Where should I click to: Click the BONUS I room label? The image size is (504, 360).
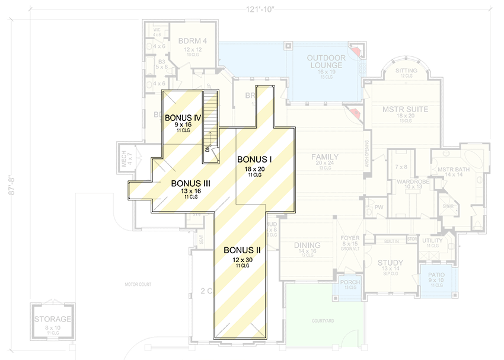coord(254,160)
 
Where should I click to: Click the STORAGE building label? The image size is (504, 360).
coord(53,320)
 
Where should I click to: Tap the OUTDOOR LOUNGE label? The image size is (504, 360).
coord(325,61)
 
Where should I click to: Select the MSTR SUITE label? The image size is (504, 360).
coord(405,109)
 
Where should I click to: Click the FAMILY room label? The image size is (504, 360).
coord(325,157)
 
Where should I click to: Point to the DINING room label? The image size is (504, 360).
coord(307,245)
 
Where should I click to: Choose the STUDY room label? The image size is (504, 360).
coord(390,263)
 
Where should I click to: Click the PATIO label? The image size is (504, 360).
coord(437,275)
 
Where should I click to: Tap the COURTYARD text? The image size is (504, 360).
coord(324,321)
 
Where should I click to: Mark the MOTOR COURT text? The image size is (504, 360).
coord(138,285)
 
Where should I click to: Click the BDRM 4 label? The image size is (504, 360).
coord(192,41)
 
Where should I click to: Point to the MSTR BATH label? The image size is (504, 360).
coord(454,170)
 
